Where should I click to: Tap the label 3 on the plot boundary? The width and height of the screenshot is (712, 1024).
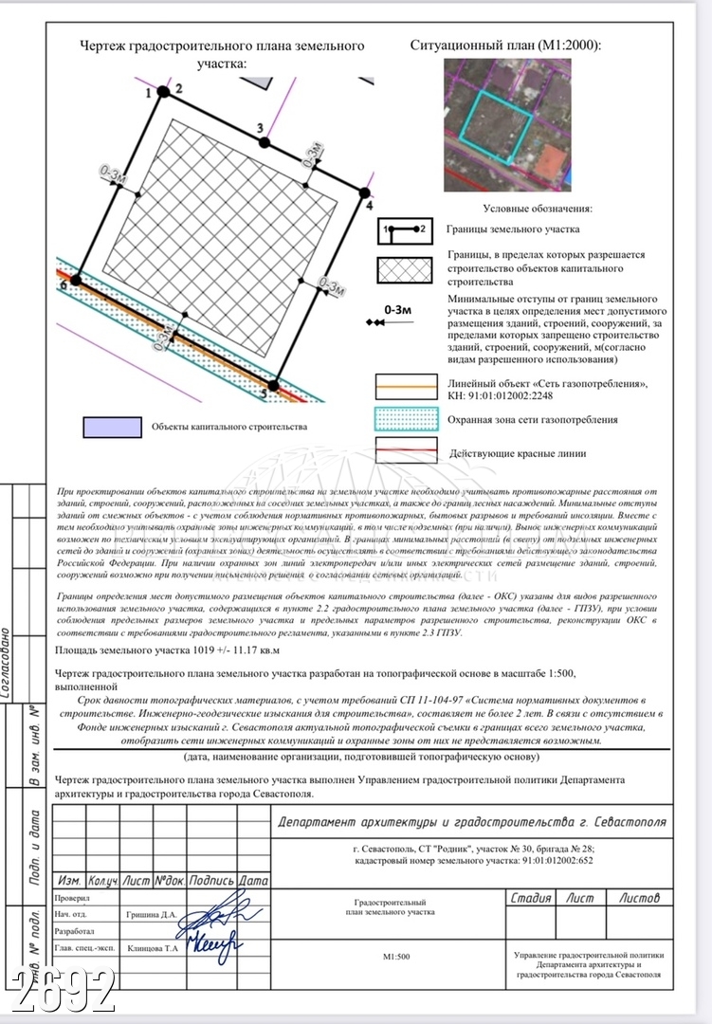tap(260, 127)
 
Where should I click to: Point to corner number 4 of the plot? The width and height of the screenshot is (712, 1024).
tap(365, 192)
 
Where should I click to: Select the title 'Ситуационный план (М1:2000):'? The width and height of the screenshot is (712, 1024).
tap(506, 45)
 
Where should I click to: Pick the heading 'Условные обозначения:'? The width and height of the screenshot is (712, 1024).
tap(538, 208)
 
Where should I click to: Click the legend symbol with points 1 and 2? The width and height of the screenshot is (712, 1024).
tap(405, 229)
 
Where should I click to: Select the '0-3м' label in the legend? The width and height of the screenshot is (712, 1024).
tap(397, 309)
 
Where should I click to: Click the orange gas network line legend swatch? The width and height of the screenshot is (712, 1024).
tap(405, 384)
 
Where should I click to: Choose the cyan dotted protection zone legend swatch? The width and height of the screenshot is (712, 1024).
tap(405, 419)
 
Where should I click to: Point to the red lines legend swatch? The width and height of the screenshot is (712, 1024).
tap(405, 452)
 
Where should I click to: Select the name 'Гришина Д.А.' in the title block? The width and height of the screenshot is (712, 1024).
tap(152, 915)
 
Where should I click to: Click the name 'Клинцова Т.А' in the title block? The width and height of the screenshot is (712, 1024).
tap(153, 948)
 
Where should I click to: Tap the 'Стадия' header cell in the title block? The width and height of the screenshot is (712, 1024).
tap(531, 897)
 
